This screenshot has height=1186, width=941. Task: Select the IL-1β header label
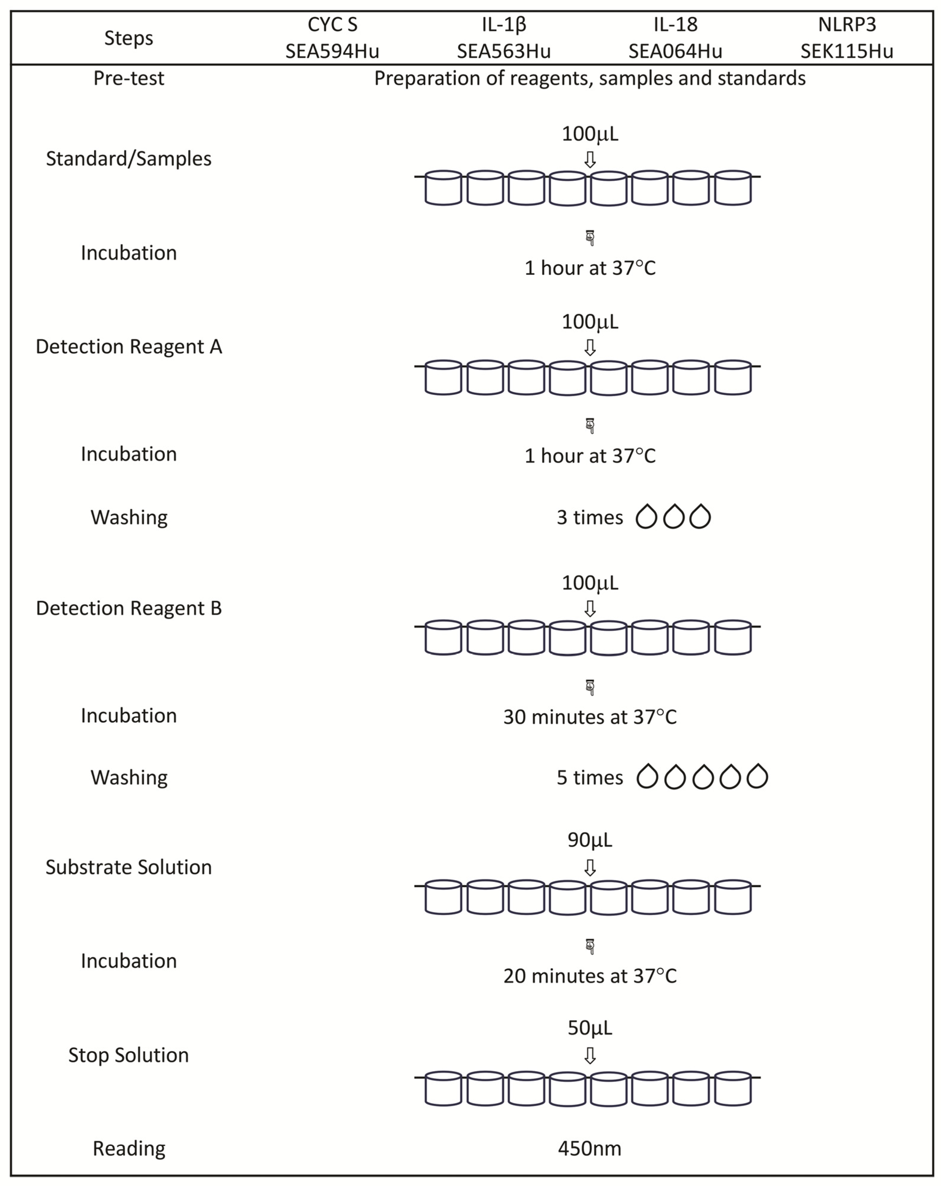pyautogui.click(x=503, y=25)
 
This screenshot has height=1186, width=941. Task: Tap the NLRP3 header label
pyautogui.click(x=846, y=25)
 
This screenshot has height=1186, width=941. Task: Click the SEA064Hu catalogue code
pyautogui.click(x=675, y=51)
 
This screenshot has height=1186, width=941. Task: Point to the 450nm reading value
pyautogui.click(x=590, y=1148)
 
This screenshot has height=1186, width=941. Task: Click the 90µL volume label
pyautogui.click(x=590, y=840)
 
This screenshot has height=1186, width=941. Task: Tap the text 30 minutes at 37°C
pyautogui.click(x=590, y=717)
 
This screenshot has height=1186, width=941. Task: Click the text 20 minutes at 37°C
pyautogui.click(x=590, y=976)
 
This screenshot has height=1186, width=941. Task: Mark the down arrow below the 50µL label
pyautogui.click(x=590, y=1055)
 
